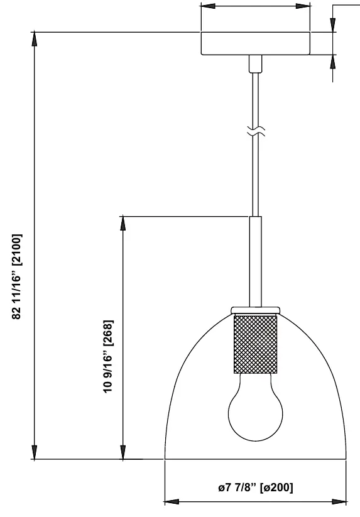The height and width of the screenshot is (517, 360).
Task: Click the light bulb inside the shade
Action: click(256, 409)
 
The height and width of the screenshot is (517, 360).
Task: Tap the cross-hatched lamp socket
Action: click(256, 344)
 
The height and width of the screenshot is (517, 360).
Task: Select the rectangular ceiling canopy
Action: click(256, 43)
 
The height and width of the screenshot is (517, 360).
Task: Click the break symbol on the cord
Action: click(256, 131)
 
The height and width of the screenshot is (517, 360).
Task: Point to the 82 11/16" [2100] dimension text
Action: click(17, 276)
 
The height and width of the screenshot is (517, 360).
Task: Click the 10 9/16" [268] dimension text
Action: click(108, 356)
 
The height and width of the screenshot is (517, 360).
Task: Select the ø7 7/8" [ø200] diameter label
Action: click(256, 487)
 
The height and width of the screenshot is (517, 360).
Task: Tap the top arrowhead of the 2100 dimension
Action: click(35, 40)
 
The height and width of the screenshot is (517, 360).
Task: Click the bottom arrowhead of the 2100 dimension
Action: click(35, 452)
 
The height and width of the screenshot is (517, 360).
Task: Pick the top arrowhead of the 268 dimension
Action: click(123, 224)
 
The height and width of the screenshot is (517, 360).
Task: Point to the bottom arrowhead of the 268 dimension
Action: click(123, 452)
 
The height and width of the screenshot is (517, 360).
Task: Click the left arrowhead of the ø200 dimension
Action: click(172, 502)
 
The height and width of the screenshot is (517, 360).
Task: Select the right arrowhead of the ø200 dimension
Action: click(339, 502)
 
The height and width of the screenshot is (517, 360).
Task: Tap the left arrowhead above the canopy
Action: click(209, 6)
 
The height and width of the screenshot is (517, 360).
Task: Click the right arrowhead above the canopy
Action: click(303, 6)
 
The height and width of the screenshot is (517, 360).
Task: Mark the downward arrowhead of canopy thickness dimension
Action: click(332, 24)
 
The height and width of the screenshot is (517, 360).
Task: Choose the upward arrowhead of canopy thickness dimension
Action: click(332, 62)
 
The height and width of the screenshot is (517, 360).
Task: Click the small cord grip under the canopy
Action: click(256, 63)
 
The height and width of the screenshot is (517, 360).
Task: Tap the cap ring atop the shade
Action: click(256, 310)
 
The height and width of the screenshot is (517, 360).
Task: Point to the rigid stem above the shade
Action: click(256, 261)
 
